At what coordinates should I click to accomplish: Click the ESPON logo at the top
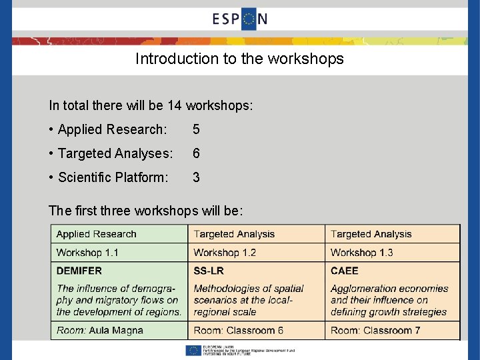pyautogui.click(x=240, y=19)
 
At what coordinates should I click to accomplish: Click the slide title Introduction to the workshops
pyautogui.click(x=239, y=59)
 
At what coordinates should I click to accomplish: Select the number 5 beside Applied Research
pyautogui.click(x=196, y=129)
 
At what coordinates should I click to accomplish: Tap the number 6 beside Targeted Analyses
pyautogui.click(x=196, y=153)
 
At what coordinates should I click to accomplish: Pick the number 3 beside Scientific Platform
pyautogui.click(x=196, y=177)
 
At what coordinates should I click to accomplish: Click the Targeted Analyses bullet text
pyautogui.click(x=110, y=153)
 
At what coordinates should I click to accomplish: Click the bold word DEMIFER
pyautogui.click(x=79, y=271)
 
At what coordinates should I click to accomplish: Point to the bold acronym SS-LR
pyautogui.click(x=209, y=271)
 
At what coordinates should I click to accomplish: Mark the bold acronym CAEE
pyautogui.click(x=344, y=271)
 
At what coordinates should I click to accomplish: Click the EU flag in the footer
pyautogui.click(x=194, y=350)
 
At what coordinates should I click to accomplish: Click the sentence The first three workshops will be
pyautogui.click(x=145, y=211)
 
